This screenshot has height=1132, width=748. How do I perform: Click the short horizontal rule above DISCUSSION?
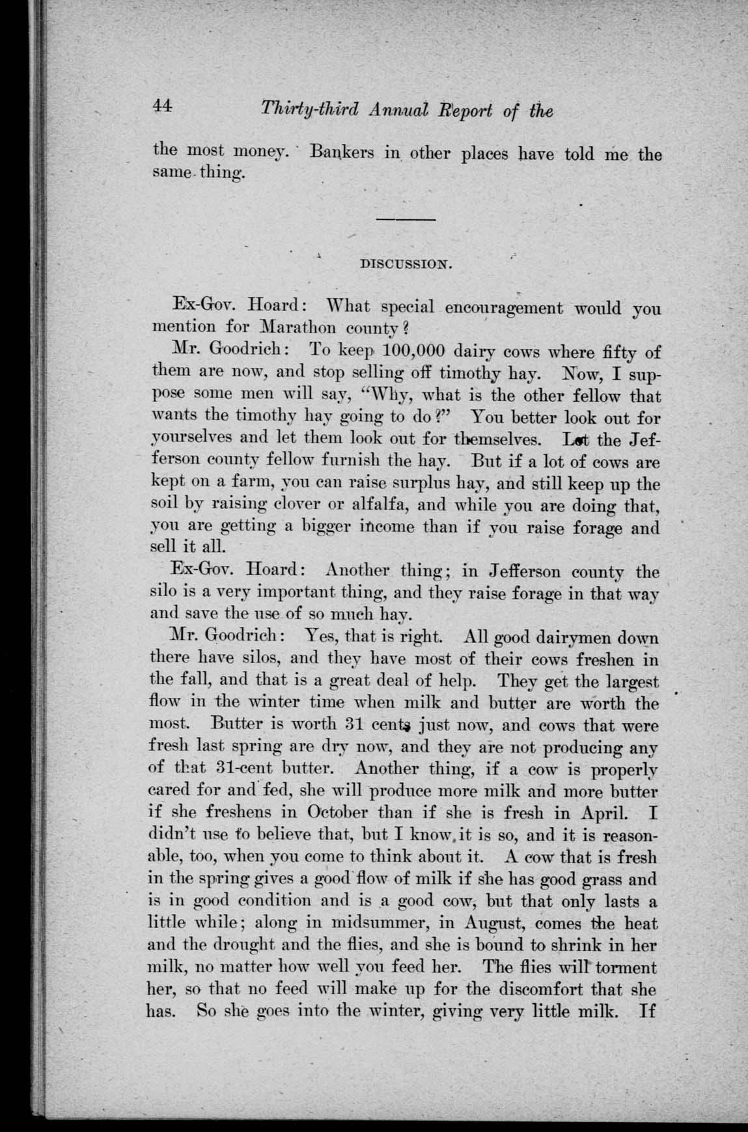coord(407,221)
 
